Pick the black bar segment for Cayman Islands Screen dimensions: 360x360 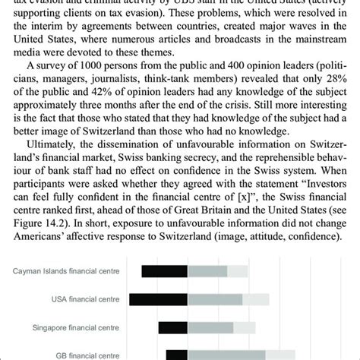pos(164,271)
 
